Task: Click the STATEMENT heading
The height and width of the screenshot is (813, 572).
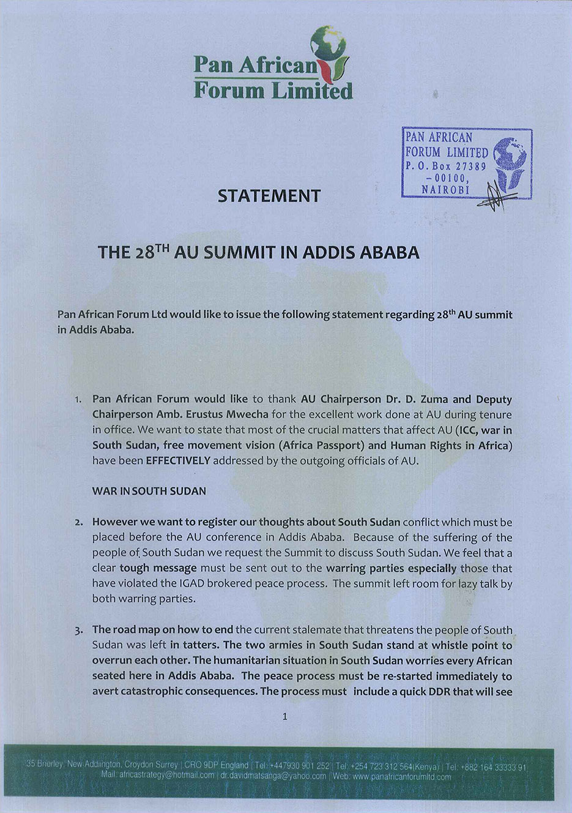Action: (x=269, y=196)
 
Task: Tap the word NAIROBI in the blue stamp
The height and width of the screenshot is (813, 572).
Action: (x=445, y=190)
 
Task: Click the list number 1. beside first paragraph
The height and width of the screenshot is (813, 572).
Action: (x=78, y=400)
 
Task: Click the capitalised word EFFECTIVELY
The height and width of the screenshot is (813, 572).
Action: (x=178, y=460)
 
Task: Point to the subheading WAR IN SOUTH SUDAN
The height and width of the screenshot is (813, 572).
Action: (x=149, y=491)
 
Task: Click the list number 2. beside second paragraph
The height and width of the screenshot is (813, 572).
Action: (x=78, y=523)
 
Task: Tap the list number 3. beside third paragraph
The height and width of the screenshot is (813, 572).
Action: (x=78, y=631)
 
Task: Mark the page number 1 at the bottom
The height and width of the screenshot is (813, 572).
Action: (x=285, y=716)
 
